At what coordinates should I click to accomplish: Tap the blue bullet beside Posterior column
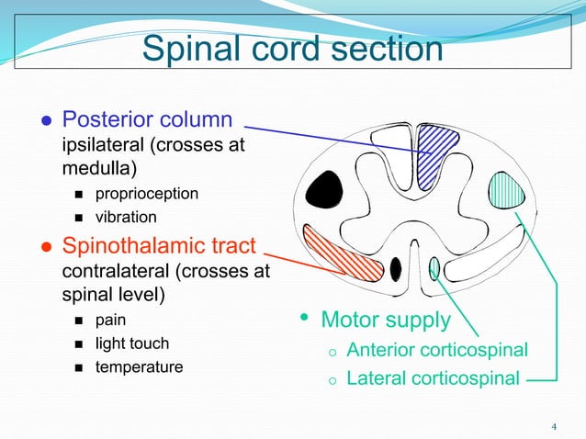[47, 120]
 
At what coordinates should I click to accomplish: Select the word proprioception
[147, 195]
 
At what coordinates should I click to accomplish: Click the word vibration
[126, 217]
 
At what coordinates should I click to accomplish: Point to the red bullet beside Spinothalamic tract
[47, 247]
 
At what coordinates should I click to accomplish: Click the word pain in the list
[110, 321]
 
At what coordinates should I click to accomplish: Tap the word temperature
[139, 366]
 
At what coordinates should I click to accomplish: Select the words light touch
[132, 343]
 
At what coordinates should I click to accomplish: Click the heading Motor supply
[386, 321]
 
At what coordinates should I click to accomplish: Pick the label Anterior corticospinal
[437, 350]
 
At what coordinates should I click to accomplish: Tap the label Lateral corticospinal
[434, 377]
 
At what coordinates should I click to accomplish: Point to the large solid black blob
[323, 189]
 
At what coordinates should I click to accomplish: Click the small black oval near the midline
[395, 269]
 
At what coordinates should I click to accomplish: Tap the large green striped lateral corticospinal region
[506, 190]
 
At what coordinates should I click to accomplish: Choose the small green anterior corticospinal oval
[434, 268]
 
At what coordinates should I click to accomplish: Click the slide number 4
[554, 427]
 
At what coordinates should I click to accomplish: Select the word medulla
[99, 168]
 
